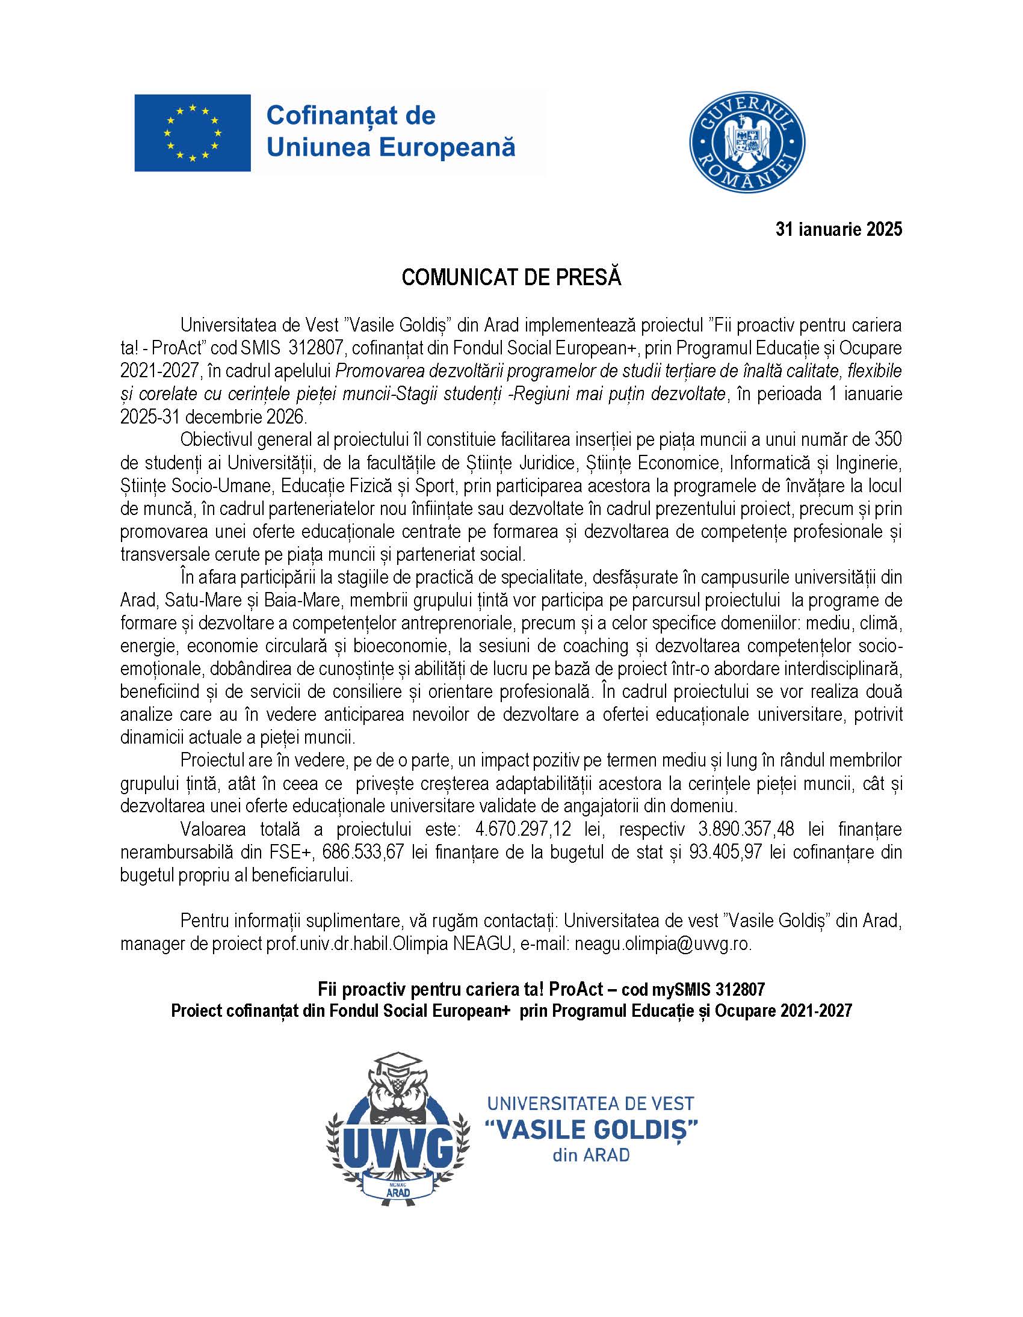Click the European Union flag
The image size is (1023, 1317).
click(x=192, y=133)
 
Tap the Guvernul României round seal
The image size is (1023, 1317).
click(x=747, y=143)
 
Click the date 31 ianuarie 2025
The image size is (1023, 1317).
click(x=838, y=229)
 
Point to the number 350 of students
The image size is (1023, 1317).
click(x=888, y=440)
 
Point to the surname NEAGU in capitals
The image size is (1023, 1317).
click(x=483, y=944)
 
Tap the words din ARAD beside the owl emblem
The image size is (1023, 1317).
click(x=590, y=1155)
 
